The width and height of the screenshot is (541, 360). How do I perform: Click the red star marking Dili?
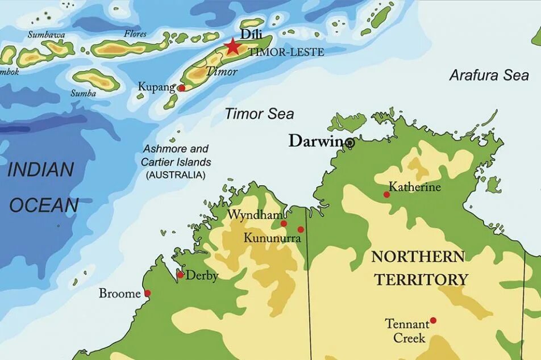pyautogui.click(x=232, y=47)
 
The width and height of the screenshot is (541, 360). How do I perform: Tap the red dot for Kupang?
pyautogui.click(x=181, y=88)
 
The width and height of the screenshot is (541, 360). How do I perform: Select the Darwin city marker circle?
pyautogui.click(x=350, y=143)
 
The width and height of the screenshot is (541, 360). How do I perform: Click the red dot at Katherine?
pyautogui.click(x=386, y=195)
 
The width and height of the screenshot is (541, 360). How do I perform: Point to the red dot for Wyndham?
pyautogui.click(x=284, y=224)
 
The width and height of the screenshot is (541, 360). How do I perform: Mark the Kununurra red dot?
pyautogui.click(x=301, y=229)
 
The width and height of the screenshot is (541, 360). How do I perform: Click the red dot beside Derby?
pyautogui.click(x=180, y=275)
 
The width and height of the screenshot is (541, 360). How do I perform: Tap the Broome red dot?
pyautogui.click(x=147, y=294)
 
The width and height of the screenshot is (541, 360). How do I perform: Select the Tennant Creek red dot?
pyautogui.click(x=433, y=320)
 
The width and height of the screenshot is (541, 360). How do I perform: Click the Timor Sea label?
pyautogui.click(x=259, y=114)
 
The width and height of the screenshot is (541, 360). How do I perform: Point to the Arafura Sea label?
pyautogui.click(x=489, y=75)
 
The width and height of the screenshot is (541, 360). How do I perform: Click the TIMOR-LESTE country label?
pyautogui.click(x=286, y=52)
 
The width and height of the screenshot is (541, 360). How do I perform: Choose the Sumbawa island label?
pyautogui.click(x=46, y=35)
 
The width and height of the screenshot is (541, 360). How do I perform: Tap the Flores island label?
pyautogui.click(x=135, y=34)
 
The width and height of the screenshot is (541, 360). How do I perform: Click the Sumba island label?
pyautogui.click(x=83, y=93)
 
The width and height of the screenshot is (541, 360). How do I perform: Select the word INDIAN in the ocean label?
pyautogui.click(x=41, y=169)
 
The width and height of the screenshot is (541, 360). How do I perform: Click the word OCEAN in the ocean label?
pyautogui.click(x=44, y=206)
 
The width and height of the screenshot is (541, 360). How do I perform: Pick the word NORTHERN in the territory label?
pyautogui.click(x=418, y=257)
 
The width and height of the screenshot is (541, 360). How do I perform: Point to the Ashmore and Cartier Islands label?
pyautogui.click(x=176, y=162)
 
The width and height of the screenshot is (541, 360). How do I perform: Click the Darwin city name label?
pyautogui.click(x=316, y=141)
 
